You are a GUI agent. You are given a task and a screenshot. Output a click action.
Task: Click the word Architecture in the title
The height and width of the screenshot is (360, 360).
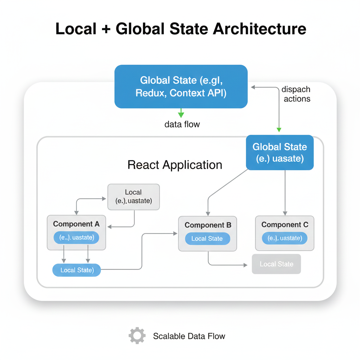[259, 29]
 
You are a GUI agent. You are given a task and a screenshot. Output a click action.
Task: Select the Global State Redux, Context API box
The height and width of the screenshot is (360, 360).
[181, 86]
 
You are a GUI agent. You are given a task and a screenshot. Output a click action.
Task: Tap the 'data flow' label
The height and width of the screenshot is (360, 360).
[182, 124]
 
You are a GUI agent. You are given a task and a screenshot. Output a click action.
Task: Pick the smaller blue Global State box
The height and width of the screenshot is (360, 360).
[279, 153]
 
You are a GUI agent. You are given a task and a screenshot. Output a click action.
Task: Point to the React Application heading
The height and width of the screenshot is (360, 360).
[175, 165]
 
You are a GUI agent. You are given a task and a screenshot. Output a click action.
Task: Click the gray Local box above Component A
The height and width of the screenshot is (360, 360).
[133, 197]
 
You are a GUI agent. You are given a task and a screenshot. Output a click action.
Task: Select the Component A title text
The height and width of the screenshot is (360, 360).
[76, 224]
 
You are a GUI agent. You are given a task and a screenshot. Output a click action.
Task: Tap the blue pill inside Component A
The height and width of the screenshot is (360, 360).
[76, 238]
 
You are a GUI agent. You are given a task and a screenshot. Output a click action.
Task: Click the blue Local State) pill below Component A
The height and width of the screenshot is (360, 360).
[77, 270]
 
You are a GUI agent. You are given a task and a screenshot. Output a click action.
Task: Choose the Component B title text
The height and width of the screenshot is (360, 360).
[208, 225]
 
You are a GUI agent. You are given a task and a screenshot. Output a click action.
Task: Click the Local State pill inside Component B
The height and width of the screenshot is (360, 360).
[207, 239]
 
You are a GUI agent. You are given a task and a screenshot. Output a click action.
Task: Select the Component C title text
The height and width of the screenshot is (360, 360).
[285, 225]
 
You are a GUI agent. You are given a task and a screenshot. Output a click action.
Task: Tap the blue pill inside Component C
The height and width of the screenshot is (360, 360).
[285, 238]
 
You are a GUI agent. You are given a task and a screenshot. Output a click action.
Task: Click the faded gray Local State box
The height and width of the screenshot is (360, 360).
[276, 264]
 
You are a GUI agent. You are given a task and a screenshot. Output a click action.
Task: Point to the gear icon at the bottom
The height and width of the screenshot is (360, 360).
[137, 336]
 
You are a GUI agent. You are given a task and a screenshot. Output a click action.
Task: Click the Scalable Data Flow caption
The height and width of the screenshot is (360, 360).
[189, 336]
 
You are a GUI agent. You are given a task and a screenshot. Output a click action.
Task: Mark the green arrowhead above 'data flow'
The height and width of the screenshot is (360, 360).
[181, 115]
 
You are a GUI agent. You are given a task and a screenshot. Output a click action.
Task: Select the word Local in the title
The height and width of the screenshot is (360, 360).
[76, 29]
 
